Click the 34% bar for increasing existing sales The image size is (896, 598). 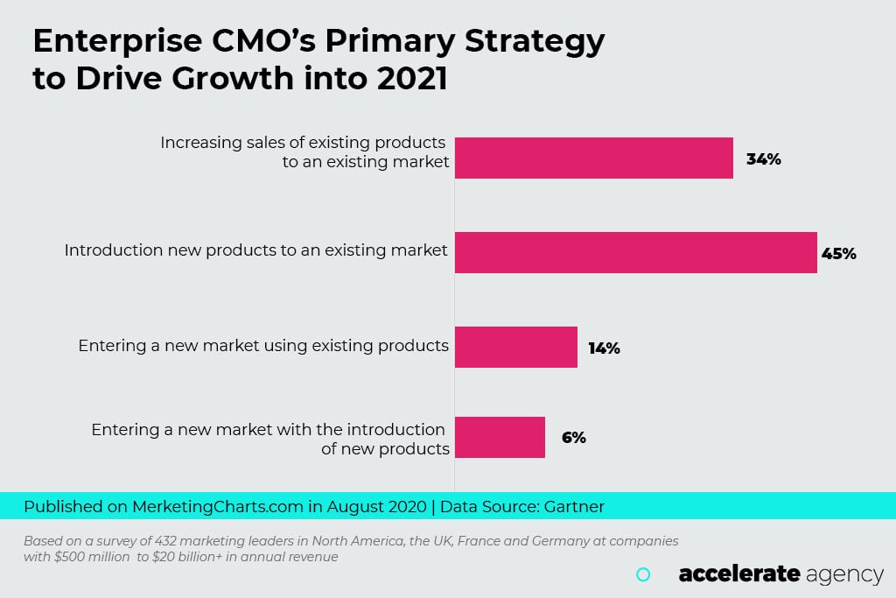pyautogui.click(x=593, y=158)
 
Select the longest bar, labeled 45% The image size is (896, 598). pyautogui.click(x=635, y=252)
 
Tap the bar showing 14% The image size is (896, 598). pyautogui.click(x=515, y=347)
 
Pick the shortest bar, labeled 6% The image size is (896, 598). pyautogui.click(x=500, y=437)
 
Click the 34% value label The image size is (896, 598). pyautogui.click(x=763, y=159)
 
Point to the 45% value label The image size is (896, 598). pyautogui.click(x=838, y=254)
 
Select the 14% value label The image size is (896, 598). pyautogui.click(x=604, y=348)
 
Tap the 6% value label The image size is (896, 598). pyautogui.click(x=573, y=438)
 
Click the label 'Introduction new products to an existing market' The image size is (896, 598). pyautogui.click(x=255, y=250)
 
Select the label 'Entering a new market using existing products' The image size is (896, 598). pyautogui.click(x=263, y=345)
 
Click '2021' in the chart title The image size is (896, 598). pyautogui.click(x=412, y=78)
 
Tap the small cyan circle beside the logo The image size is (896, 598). pyautogui.click(x=643, y=574)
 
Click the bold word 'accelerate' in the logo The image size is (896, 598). pyautogui.click(x=739, y=574)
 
